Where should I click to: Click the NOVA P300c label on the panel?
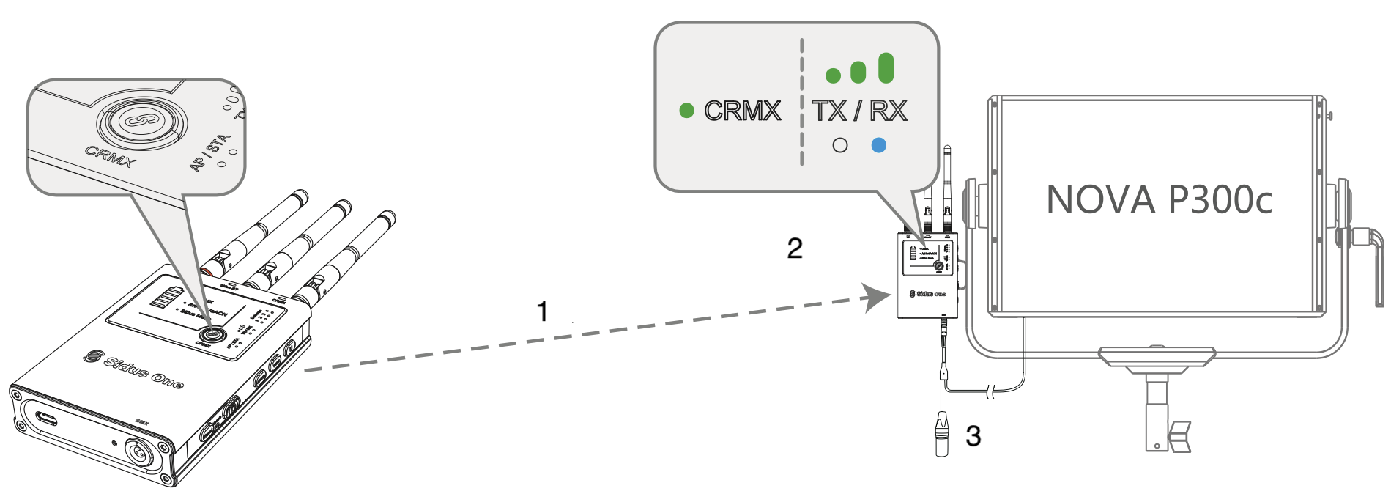(1159, 199)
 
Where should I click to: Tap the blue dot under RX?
(878, 145)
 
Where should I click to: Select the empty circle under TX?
(840, 145)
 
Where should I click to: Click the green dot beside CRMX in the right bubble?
(686, 111)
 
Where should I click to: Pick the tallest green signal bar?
(886, 67)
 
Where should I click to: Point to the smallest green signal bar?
(833, 75)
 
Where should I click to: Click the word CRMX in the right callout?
(742, 111)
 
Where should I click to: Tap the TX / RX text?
(859, 111)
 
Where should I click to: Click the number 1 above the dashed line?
(542, 311)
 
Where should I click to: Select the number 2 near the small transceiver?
(795, 248)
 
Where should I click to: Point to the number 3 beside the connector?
(973, 436)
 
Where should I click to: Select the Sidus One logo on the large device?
(133, 369)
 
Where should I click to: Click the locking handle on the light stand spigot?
(1179, 435)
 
